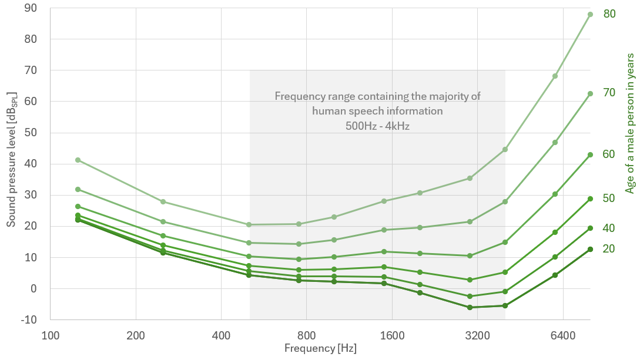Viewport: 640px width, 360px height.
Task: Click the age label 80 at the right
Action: tap(609, 14)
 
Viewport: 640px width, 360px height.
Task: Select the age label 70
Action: tap(609, 92)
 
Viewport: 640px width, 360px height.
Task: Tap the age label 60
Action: tap(609, 154)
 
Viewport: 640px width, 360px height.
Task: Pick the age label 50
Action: tap(609, 198)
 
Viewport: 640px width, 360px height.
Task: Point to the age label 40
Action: tap(609, 228)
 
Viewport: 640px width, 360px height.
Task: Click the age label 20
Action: tap(609, 248)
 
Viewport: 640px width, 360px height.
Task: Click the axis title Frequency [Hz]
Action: tap(320, 348)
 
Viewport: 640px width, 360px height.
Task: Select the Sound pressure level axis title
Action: tap(11, 159)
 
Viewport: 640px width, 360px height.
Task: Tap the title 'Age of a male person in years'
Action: tap(629, 123)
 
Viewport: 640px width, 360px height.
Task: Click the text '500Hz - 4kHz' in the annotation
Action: tap(377, 125)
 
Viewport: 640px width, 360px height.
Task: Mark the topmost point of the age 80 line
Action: tap(590, 14)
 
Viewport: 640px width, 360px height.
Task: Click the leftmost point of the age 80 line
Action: tap(78, 160)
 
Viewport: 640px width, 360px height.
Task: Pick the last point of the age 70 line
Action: tap(590, 93)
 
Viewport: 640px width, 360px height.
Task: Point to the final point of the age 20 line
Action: tap(590, 249)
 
